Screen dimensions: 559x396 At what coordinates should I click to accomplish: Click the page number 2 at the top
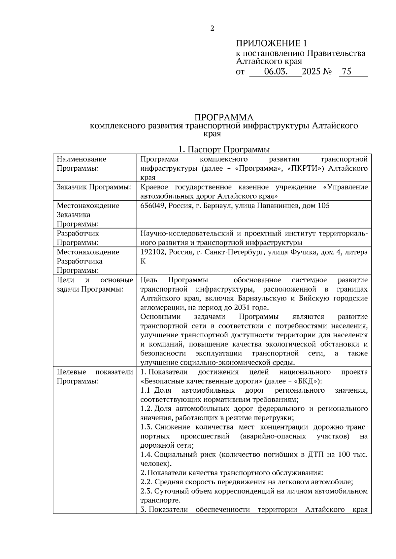pos(212,28)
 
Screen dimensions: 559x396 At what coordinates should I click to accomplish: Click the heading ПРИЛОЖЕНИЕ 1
pos(271,43)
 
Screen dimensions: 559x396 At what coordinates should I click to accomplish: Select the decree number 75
pos(347,71)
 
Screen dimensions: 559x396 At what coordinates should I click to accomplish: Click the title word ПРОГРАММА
pos(224,117)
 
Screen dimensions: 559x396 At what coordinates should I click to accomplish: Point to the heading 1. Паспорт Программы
pos(224,149)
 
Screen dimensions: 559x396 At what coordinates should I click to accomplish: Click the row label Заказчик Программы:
pos(94,187)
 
